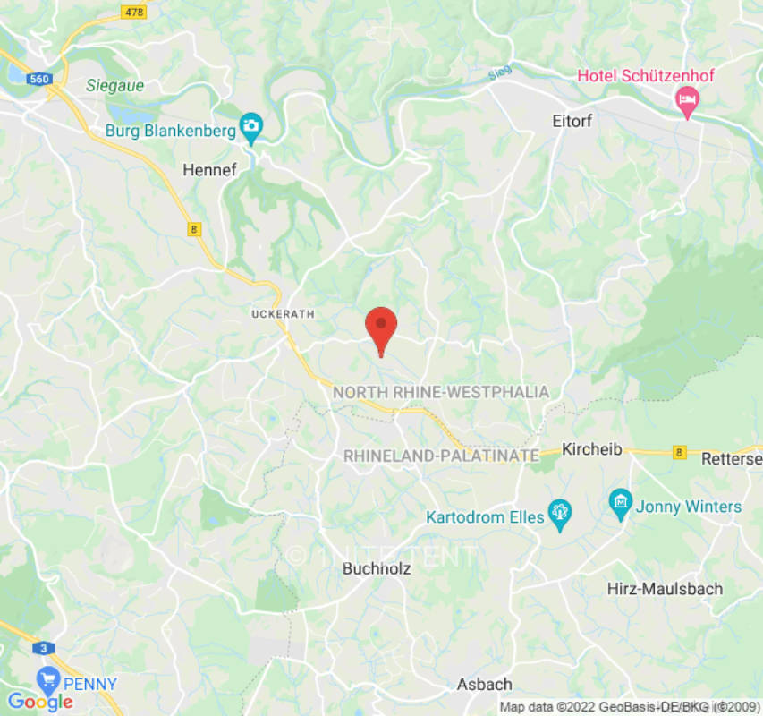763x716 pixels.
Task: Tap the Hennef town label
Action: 208,169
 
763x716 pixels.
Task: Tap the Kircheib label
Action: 592,449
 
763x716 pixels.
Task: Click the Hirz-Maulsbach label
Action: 665,589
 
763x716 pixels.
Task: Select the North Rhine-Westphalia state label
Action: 441,392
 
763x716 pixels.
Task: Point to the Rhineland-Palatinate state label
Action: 441,456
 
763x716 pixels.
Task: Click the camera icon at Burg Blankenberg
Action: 251,127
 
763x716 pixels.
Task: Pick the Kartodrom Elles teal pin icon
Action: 560,514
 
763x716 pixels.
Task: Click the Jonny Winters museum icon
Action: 620,503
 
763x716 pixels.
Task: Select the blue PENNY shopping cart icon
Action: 47,678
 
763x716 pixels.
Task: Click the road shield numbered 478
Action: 134,12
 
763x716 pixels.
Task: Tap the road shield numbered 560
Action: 38,80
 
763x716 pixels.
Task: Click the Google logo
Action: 39,702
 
